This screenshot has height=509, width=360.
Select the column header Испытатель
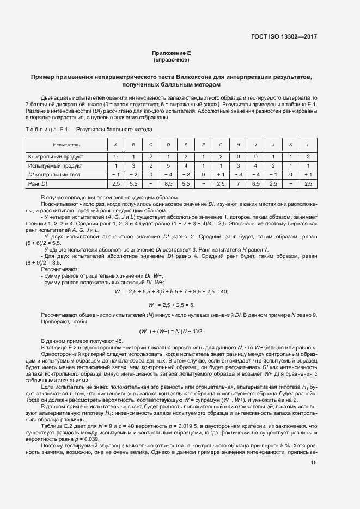tap(66, 145)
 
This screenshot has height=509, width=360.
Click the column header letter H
tap(238, 145)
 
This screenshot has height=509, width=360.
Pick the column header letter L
tap(308, 145)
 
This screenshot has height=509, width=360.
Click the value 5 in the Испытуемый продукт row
tap(168, 165)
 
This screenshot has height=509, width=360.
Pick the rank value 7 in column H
tap(238, 184)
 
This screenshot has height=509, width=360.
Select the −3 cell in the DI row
tap(238, 175)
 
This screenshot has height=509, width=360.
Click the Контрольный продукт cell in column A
tap(115, 156)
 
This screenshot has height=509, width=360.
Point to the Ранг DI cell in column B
tap(133, 184)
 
